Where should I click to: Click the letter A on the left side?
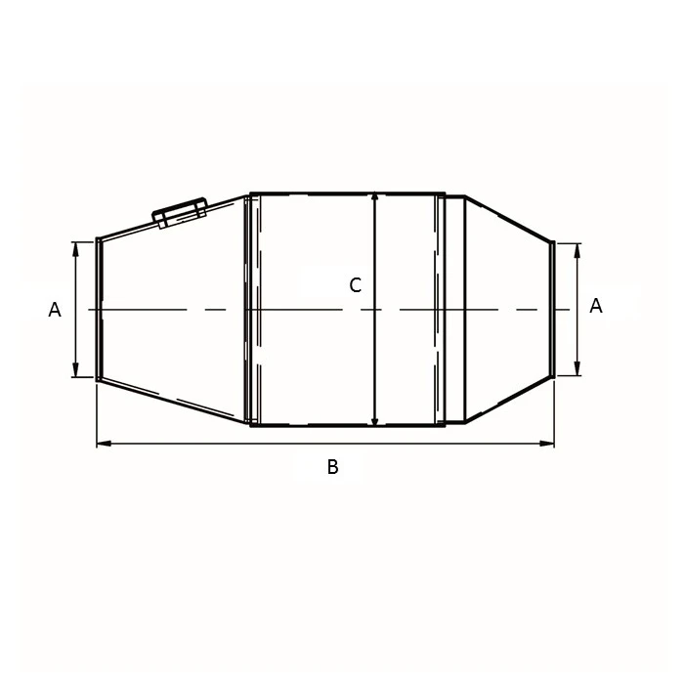55,310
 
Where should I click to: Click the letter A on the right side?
596,306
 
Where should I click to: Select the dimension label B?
332,467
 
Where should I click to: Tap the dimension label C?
356,285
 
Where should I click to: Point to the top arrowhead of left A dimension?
76,246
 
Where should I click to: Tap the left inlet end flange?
97,308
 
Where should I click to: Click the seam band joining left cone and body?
251,309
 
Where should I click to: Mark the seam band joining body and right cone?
443,309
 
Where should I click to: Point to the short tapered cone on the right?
503,309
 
